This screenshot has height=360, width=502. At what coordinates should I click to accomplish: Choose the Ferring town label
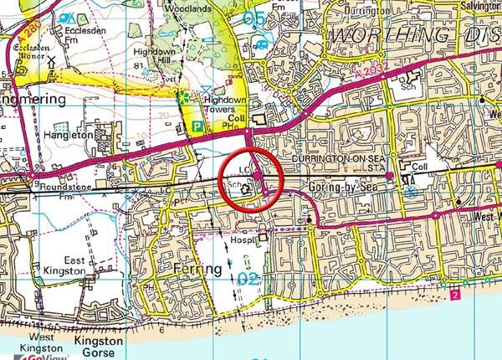[x=200, y=268]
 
